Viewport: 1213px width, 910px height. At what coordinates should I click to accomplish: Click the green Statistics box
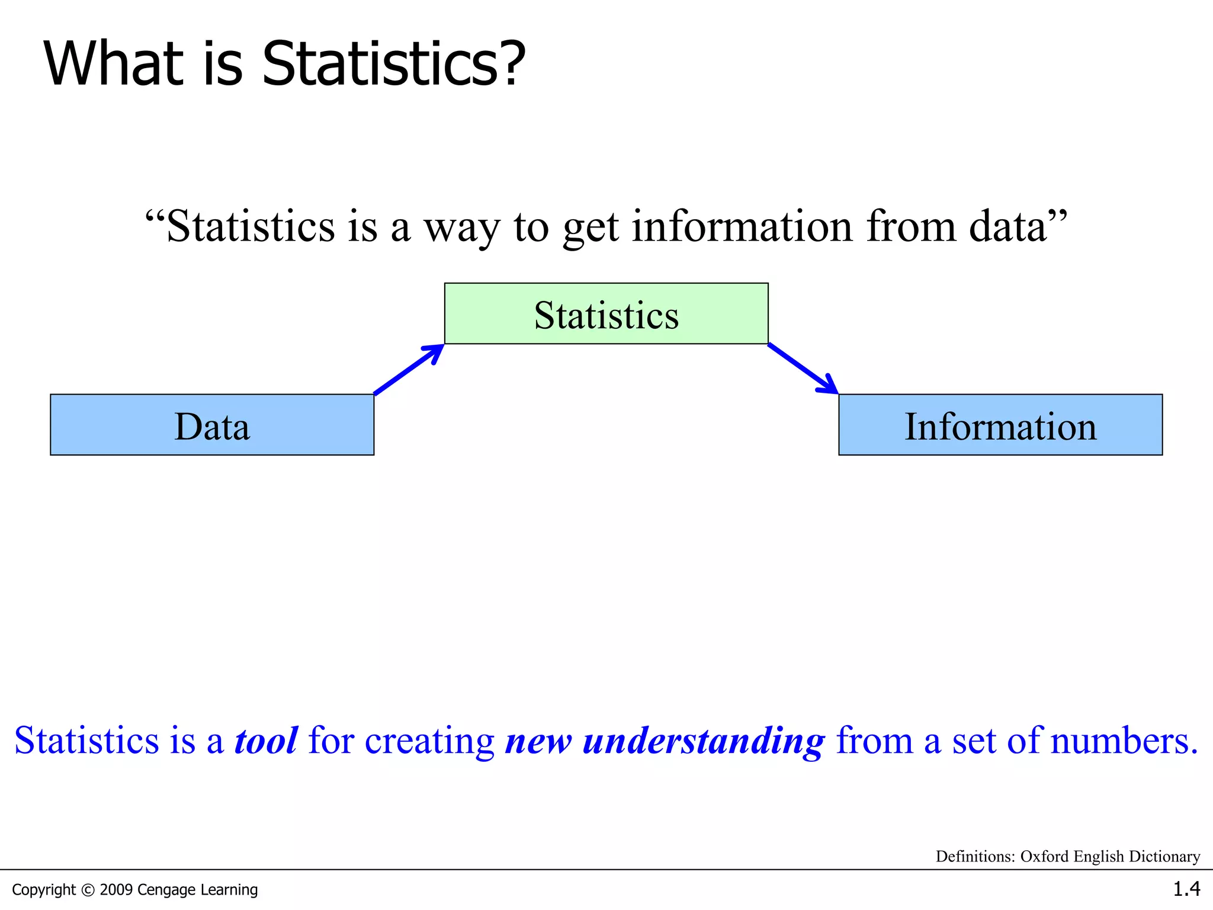606,314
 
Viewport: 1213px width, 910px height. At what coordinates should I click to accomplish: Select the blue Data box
212,425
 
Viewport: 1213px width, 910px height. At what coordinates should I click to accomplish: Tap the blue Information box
1000,425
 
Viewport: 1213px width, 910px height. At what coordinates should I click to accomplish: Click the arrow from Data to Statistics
409,369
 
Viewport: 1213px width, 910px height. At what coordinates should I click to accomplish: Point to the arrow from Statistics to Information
803,369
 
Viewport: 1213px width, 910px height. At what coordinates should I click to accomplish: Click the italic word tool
266,741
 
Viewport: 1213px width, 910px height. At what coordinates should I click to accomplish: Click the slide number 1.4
1186,889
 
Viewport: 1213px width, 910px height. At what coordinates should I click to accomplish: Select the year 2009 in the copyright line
116,889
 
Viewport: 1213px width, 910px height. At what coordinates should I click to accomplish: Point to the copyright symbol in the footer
88,890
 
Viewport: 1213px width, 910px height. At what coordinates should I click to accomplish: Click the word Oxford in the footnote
1045,856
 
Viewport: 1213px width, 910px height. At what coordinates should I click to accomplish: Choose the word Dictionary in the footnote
1164,857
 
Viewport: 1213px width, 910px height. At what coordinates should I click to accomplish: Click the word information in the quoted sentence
742,226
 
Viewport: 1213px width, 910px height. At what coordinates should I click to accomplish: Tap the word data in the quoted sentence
1008,226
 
